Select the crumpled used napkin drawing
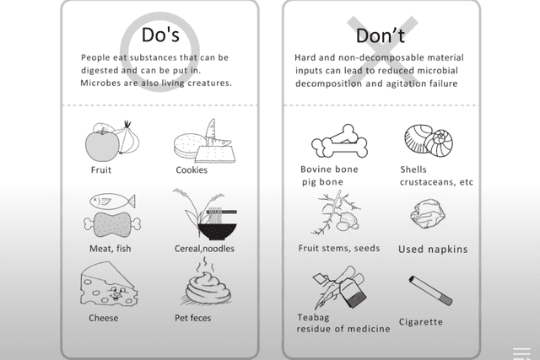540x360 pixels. [426, 215]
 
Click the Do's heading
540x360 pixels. [159, 37]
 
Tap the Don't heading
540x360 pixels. [380, 37]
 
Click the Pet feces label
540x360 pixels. [193, 318]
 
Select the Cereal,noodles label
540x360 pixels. [204, 248]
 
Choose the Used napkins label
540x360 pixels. [433, 250]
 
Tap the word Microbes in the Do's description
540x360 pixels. [101, 83]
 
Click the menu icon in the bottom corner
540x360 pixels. [521, 353]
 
